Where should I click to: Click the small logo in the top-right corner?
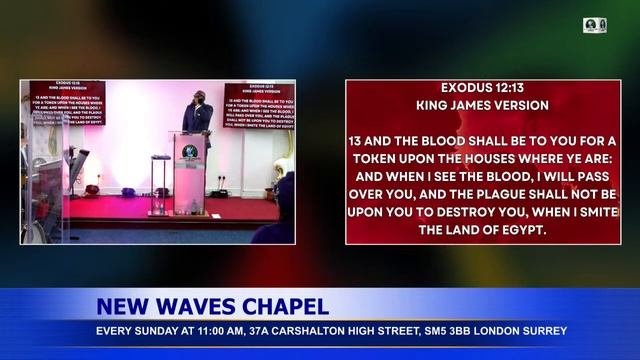tap(595, 25)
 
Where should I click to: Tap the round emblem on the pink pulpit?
tap(189, 152)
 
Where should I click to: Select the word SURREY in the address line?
tap(547, 331)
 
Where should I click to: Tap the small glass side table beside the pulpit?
tap(160, 185)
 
